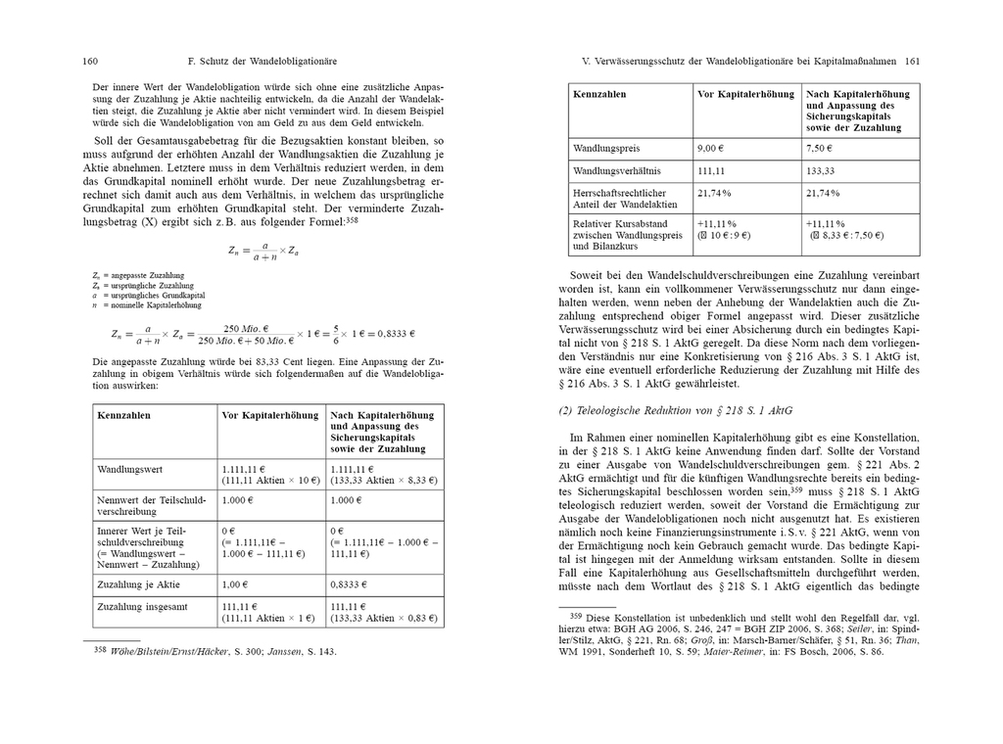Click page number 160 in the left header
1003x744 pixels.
(89, 62)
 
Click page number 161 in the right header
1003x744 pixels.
(912, 62)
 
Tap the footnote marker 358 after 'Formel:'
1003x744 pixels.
(353, 221)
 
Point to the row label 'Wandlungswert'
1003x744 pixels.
(130, 470)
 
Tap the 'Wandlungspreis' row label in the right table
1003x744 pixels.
(606, 149)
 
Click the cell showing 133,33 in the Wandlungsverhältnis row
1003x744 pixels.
(821, 170)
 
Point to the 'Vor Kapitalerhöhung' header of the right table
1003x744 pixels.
(744, 94)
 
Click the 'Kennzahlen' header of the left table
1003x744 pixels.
(123, 416)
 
